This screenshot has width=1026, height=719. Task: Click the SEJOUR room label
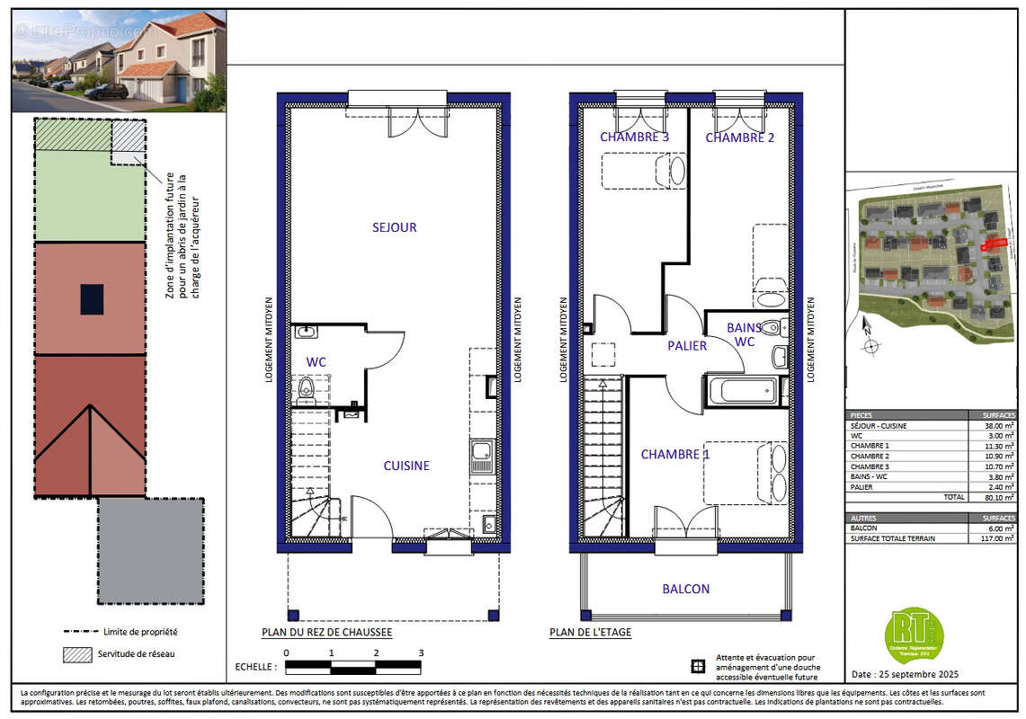(x=394, y=227)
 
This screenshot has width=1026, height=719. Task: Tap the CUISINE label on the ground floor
(x=406, y=466)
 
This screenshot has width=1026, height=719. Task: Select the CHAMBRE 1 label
(x=676, y=455)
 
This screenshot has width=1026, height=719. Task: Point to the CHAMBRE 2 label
(x=739, y=138)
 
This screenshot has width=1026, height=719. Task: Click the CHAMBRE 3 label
(x=635, y=138)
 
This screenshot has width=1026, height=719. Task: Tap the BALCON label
(x=686, y=589)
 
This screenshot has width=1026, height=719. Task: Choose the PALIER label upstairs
(x=687, y=345)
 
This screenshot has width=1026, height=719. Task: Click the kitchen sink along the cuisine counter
(x=481, y=456)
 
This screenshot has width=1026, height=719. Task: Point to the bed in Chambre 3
(x=642, y=171)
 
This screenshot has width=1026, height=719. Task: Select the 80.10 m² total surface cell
(x=993, y=496)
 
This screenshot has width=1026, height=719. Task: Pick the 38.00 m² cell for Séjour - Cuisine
(x=993, y=426)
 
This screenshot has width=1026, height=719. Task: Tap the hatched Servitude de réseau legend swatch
(x=77, y=653)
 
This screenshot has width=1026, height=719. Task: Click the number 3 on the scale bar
(x=420, y=653)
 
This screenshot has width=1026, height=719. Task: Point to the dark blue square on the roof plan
(x=91, y=298)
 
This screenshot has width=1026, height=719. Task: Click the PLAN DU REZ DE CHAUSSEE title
(x=326, y=633)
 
